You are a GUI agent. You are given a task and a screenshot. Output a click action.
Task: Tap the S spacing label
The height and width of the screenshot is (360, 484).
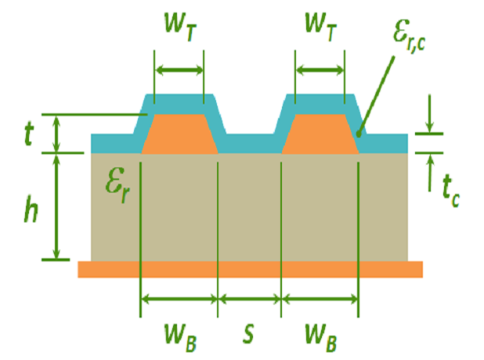[x=248, y=333]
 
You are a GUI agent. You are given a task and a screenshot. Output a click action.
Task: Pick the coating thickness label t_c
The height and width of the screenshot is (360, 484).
[x=447, y=188]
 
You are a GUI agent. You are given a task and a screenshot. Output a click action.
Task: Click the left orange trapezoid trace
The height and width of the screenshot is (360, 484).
[x=179, y=134]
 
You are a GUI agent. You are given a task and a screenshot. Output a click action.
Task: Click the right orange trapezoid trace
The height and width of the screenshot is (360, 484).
[x=320, y=134]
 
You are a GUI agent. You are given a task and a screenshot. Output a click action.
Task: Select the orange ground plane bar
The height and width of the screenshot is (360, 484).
[x=251, y=269]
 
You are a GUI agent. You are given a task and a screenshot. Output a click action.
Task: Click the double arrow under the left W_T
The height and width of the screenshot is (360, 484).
[x=179, y=70]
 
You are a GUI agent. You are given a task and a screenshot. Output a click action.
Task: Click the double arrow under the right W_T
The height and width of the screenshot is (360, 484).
[x=320, y=70]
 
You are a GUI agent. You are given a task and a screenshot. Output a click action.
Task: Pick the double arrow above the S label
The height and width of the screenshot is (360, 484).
[x=249, y=298]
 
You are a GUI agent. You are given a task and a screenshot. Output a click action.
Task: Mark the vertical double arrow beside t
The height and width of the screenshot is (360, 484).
[x=56, y=134]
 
